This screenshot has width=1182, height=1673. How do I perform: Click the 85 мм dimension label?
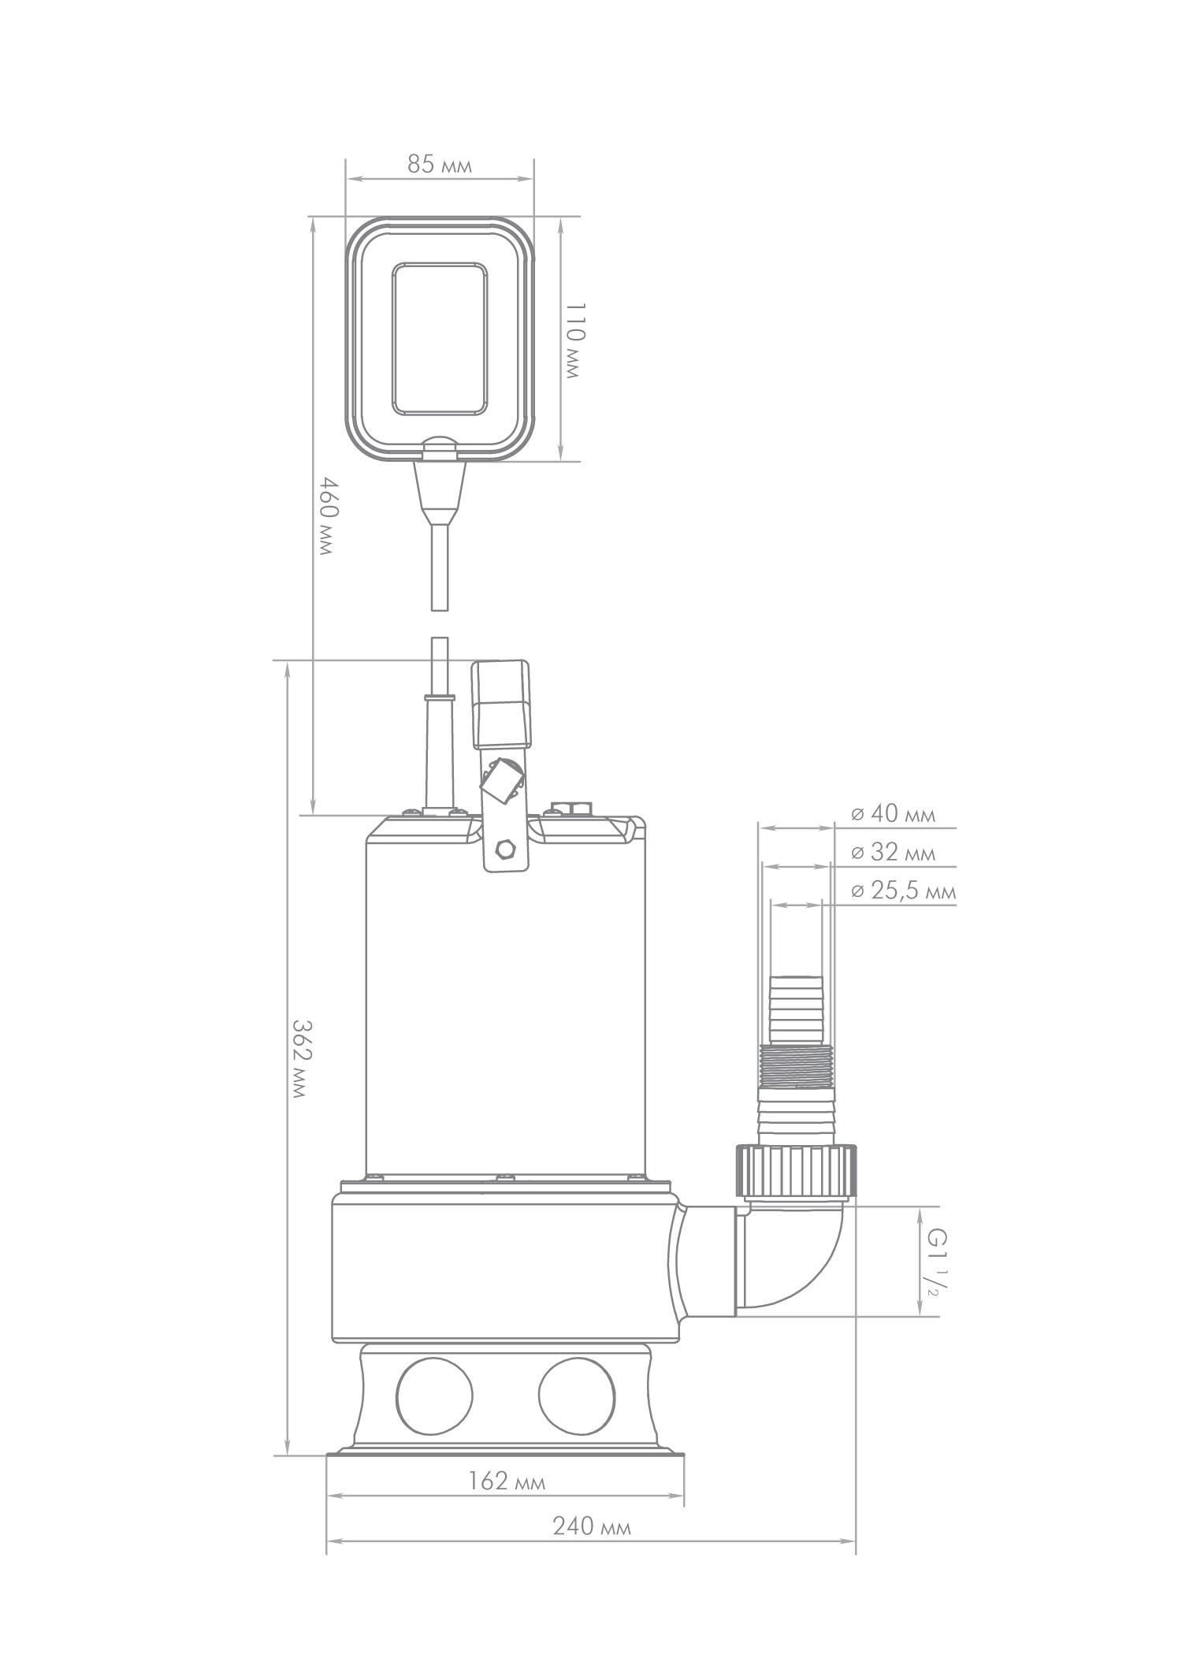[440, 165]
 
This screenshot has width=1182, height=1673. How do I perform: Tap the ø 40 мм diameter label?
[894, 813]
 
